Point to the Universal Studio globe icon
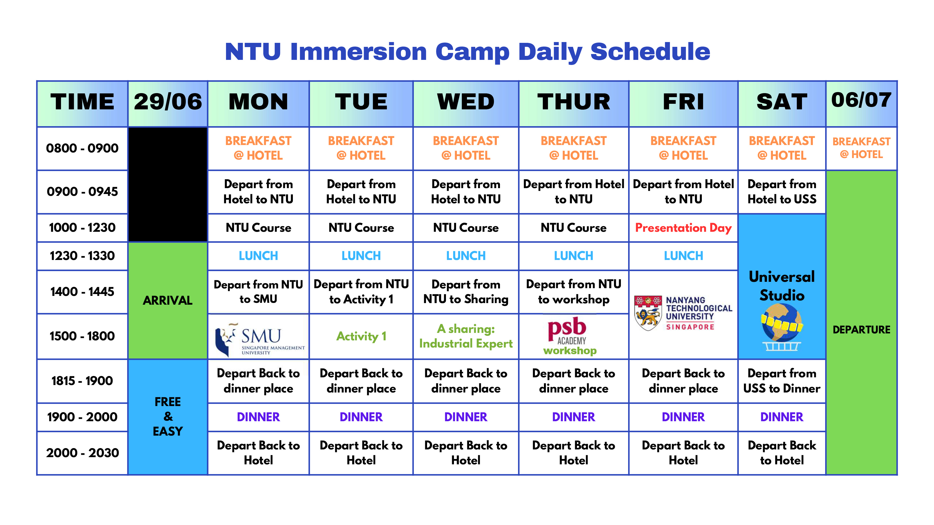tap(782, 327)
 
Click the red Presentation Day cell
tap(683, 228)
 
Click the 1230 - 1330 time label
tap(82, 256)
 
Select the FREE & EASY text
tap(168, 416)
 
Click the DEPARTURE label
tap(862, 330)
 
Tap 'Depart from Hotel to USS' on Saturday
tap(782, 192)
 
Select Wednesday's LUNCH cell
tap(466, 256)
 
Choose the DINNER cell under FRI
tap(683, 417)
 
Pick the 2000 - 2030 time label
tap(82, 453)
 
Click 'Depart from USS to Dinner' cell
tap(782, 381)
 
